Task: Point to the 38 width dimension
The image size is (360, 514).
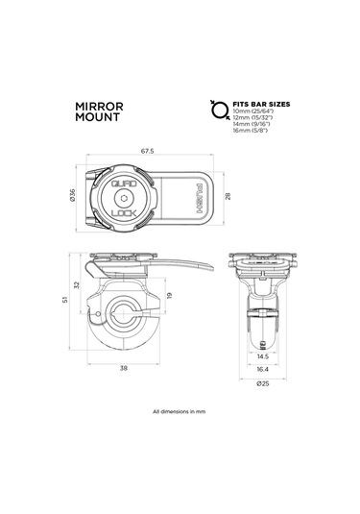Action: coord(126,367)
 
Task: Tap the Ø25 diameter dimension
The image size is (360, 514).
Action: coord(262,383)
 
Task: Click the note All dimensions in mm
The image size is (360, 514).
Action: coord(180,412)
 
